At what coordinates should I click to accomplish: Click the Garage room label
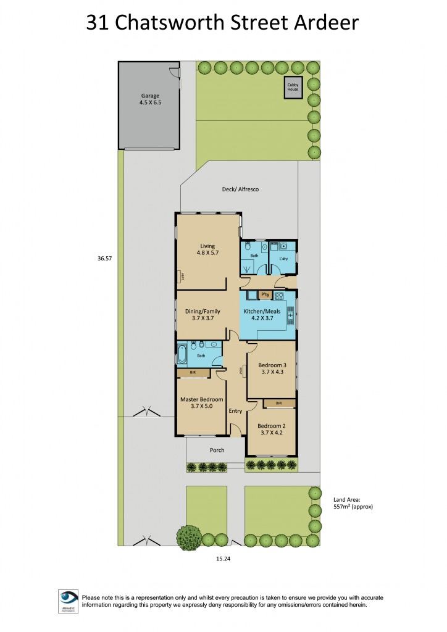click(x=150, y=96)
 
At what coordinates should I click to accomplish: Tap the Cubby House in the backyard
click(x=293, y=87)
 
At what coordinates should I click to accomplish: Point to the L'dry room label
click(x=284, y=259)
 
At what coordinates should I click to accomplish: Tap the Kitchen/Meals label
click(x=265, y=312)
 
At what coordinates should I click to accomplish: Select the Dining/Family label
click(x=203, y=312)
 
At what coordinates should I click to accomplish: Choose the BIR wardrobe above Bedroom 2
click(x=279, y=403)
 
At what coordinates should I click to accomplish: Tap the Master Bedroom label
click(x=201, y=399)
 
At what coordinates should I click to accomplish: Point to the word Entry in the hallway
click(x=235, y=411)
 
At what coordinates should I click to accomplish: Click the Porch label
click(x=217, y=450)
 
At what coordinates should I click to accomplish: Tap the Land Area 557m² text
click(x=353, y=502)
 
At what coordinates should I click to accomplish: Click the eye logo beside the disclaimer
click(x=69, y=599)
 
